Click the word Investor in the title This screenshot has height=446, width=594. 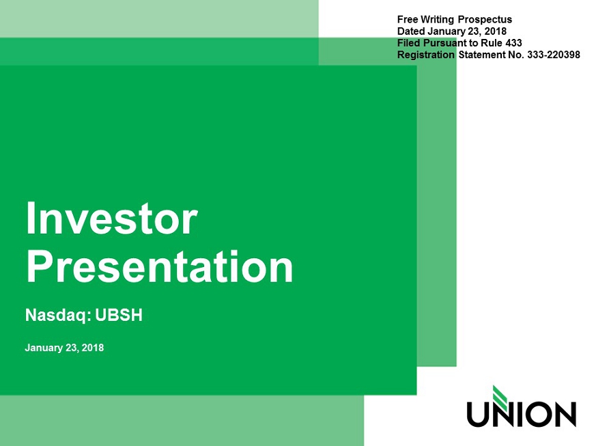tap(112, 219)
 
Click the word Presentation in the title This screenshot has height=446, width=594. tap(160, 267)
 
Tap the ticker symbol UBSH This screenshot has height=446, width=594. tap(119, 316)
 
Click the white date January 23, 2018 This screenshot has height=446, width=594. tap(64, 348)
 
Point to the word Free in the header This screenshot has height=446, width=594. tap(406, 19)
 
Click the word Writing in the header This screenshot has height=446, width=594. tap(437, 20)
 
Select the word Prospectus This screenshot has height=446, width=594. tap(485, 20)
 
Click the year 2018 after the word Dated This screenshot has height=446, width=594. tap(496, 31)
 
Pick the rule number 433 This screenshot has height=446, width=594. tap(513, 43)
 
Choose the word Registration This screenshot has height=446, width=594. tap(426, 55)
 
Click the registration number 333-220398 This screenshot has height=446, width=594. tap(554, 55)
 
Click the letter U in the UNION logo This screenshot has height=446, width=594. tap(477, 415)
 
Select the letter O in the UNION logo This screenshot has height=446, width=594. tap(539, 415)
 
